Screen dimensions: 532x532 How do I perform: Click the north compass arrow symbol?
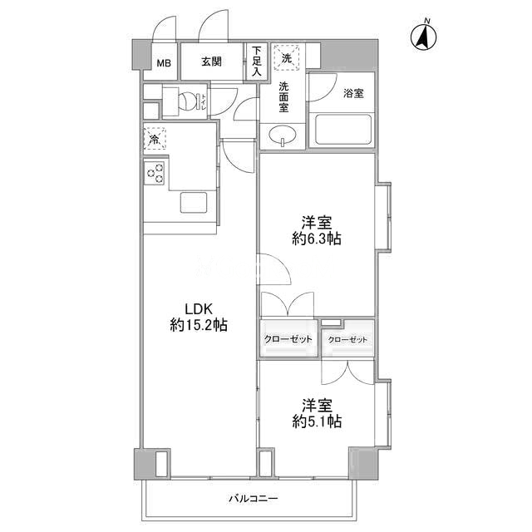click(424, 36)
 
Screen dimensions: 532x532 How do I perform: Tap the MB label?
click(164, 63)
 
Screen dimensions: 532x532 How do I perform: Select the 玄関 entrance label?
click(211, 62)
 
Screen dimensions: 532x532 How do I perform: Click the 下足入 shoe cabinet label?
click(257, 62)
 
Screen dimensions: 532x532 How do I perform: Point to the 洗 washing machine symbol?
click(287, 57)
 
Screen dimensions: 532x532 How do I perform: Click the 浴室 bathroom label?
click(353, 93)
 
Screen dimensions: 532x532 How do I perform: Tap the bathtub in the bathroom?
click(343, 130)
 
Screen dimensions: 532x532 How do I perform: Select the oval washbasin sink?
click(283, 135)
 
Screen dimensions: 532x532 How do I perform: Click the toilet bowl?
click(188, 101)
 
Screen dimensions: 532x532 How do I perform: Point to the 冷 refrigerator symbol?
click(155, 138)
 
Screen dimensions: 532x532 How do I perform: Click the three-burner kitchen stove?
click(155, 173)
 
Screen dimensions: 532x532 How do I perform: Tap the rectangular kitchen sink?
click(194, 203)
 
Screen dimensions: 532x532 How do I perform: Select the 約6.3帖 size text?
click(317, 239)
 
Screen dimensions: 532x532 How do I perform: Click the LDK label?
click(199, 308)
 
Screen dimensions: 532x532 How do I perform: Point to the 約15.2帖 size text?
click(199, 325)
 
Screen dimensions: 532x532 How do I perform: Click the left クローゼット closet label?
click(288, 339)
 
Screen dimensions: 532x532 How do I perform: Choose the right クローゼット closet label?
click(347, 339)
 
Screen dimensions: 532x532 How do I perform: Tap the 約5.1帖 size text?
click(317, 421)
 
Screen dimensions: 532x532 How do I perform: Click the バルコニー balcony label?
click(253, 499)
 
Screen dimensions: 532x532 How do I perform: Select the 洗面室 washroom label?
click(283, 96)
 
